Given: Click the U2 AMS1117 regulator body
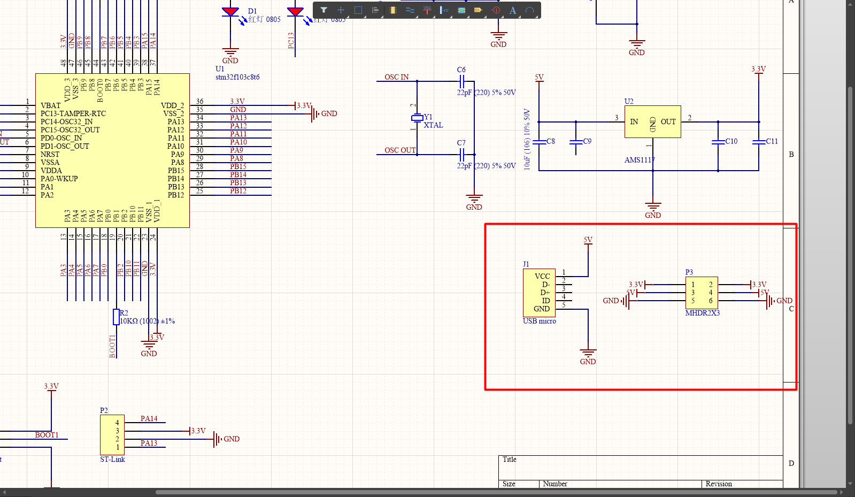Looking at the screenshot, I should click(652, 121).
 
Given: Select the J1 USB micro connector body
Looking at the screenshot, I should click(539, 293).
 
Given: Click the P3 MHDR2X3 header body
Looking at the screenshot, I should click(702, 293).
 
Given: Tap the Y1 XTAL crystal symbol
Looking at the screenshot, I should click(417, 118).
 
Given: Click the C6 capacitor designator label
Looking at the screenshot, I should click(461, 70).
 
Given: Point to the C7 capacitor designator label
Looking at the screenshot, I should click(461, 143).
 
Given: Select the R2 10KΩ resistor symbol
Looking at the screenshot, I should click(116, 317).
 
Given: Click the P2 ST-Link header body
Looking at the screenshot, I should click(112, 434).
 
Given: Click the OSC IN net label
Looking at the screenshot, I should click(396, 77).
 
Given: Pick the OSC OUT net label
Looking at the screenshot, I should click(400, 150).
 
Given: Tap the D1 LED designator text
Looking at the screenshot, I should click(252, 11).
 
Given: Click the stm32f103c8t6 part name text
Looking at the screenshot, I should click(237, 77).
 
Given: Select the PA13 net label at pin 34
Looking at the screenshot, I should click(238, 118).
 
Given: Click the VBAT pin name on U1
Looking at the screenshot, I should click(51, 105).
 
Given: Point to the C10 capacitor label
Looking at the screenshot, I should click(731, 141).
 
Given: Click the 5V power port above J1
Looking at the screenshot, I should click(588, 240).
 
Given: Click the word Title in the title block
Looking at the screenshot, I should click(510, 460).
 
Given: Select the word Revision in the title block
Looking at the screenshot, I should click(718, 484).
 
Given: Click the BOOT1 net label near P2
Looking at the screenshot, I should click(47, 435).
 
